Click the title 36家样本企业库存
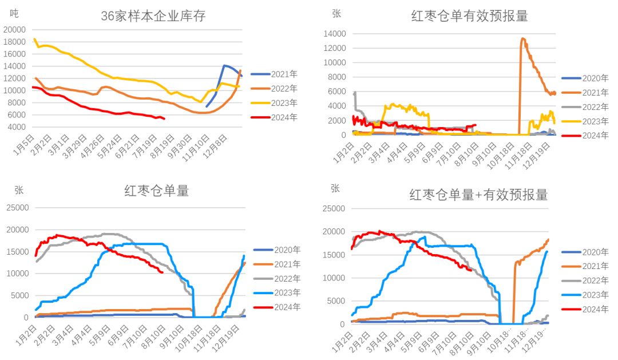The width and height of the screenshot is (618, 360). (153, 16)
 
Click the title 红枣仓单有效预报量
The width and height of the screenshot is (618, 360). (469, 16)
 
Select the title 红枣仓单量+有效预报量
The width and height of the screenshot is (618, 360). (478, 195)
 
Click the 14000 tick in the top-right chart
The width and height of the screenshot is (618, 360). (332, 34)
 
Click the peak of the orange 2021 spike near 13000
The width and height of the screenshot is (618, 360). (523, 39)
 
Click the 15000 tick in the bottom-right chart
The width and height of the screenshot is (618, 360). (332, 255)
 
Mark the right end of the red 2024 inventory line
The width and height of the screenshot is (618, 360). (165, 118)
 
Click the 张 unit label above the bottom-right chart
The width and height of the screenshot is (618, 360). (335, 188)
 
